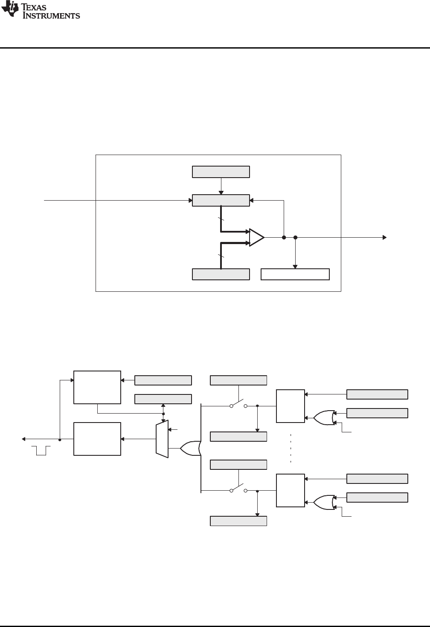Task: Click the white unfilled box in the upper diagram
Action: (x=295, y=274)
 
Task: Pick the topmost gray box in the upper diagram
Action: (x=221, y=172)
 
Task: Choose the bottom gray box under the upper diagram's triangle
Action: (x=221, y=274)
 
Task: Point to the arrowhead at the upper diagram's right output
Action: (x=385, y=237)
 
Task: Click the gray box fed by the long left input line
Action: (x=221, y=200)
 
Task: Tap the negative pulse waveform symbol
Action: (x=41, y=450)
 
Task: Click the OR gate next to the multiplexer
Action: (x=190, y=448)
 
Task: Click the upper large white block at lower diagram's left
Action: (x=97, y=387)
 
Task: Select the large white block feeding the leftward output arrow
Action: (x=97, y=439)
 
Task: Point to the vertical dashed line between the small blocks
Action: (x=291, y=448)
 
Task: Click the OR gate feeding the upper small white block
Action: (x=324, y=418)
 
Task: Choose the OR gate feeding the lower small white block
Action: (x=324, y=502)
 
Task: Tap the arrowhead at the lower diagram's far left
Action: (x=24, y=439)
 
